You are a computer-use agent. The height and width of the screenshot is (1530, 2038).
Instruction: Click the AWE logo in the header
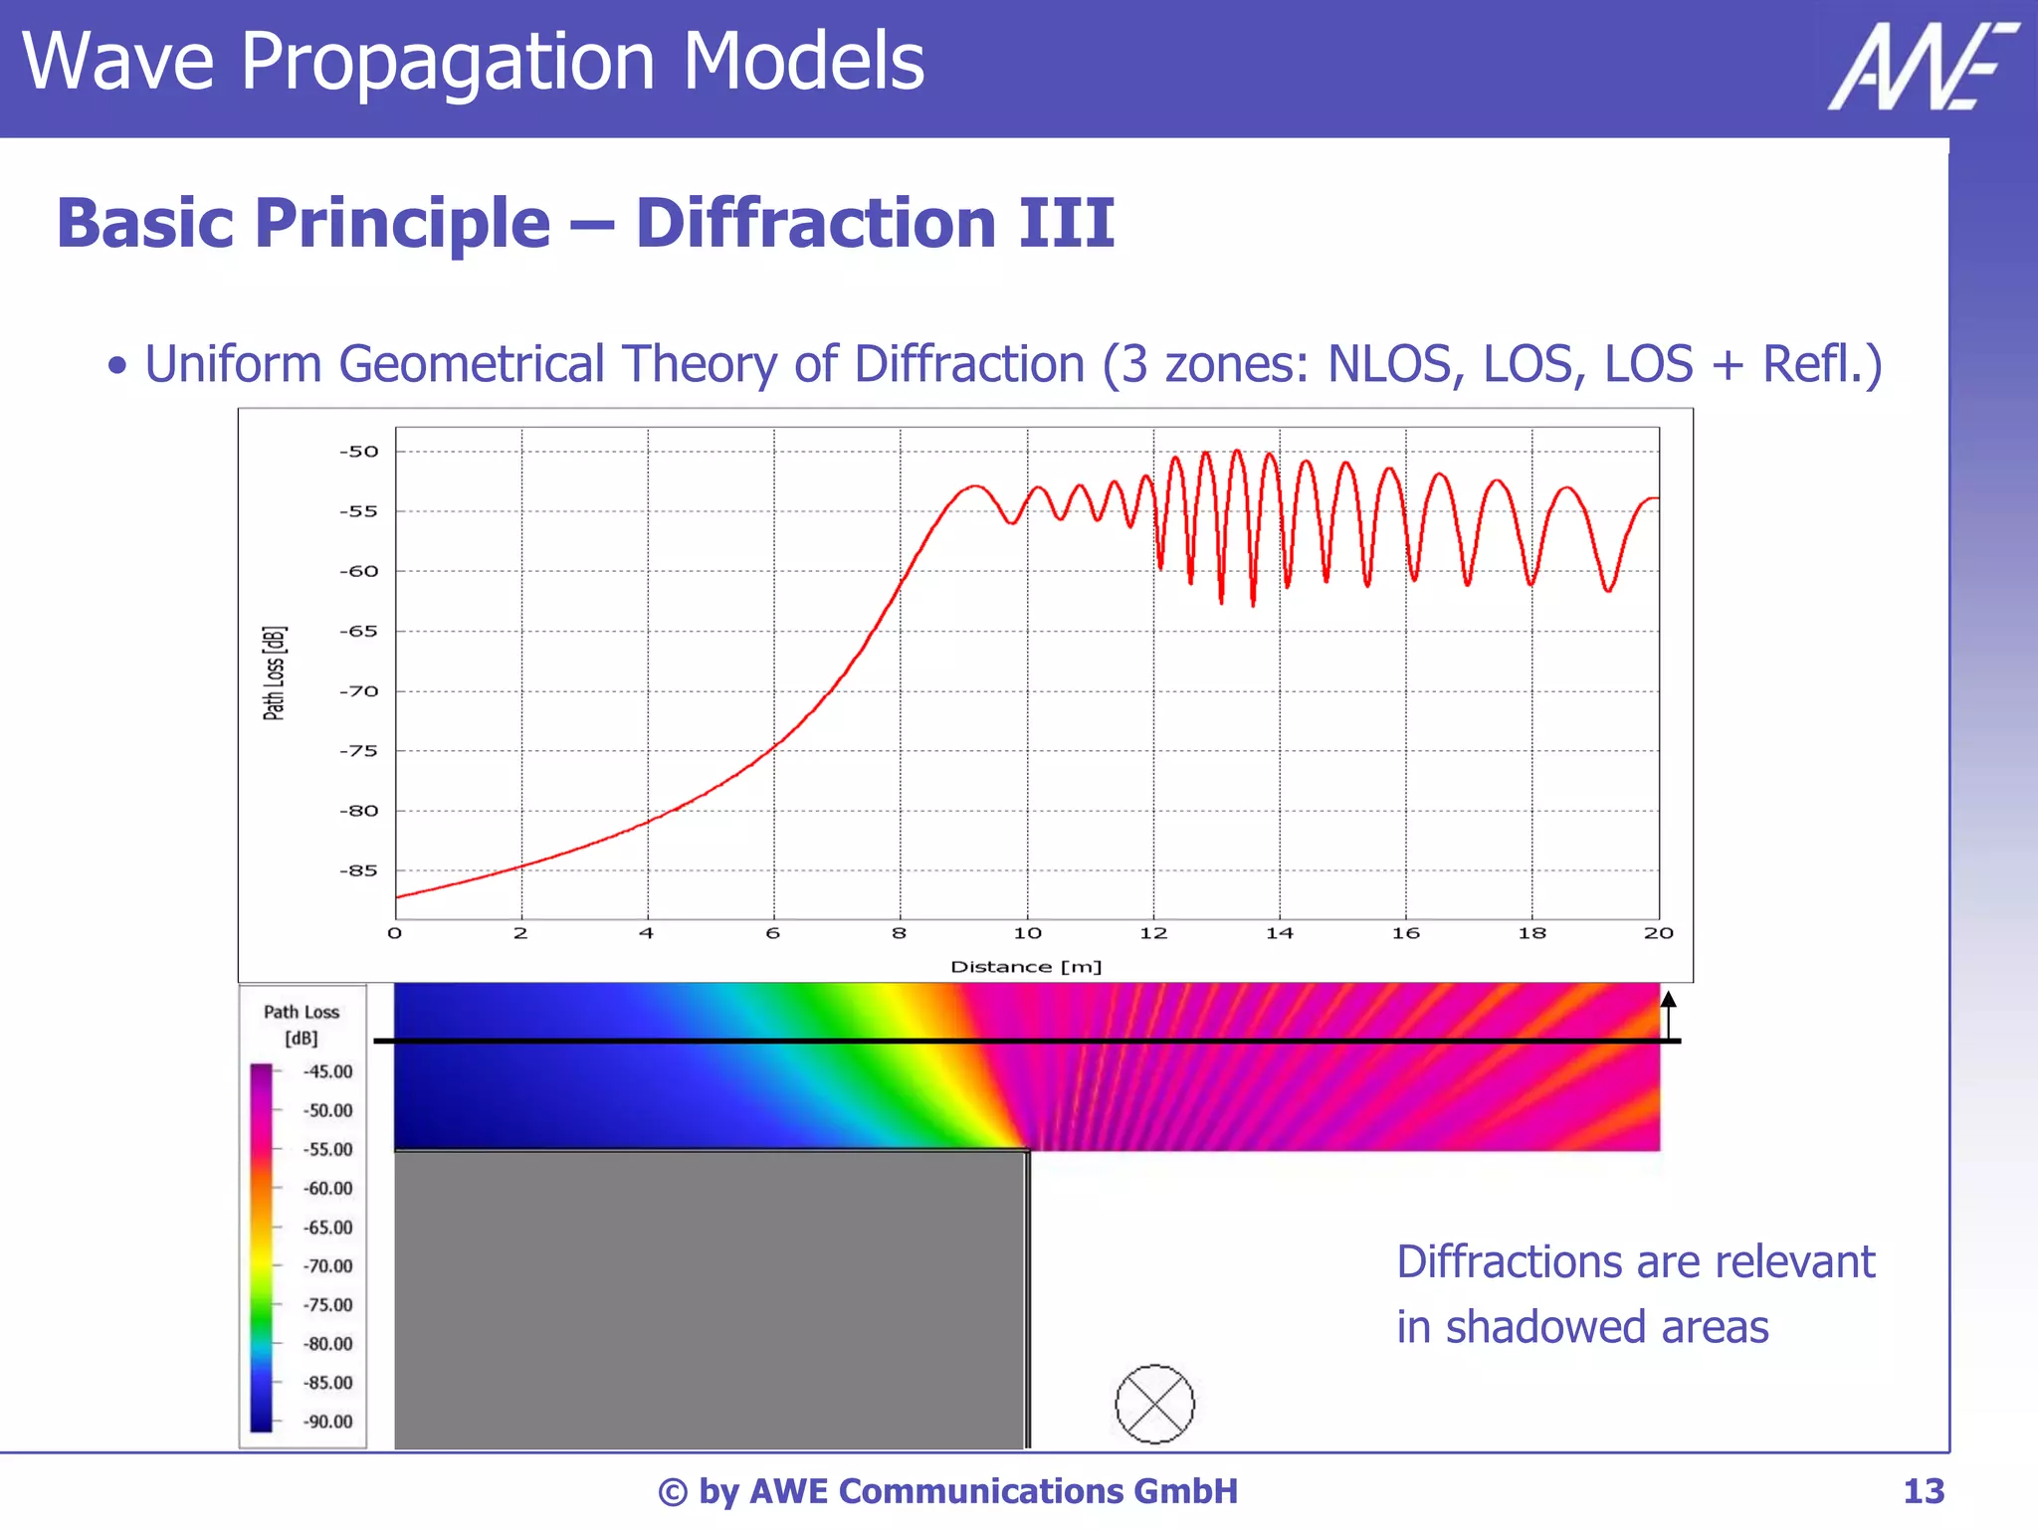[x=1922, y=67]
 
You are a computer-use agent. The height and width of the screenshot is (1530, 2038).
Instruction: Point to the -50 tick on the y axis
[x=359, y=452]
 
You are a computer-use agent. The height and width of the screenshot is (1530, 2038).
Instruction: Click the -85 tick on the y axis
[x=359, y=871]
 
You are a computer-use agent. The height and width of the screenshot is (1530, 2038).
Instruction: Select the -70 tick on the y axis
[x=359, y=691]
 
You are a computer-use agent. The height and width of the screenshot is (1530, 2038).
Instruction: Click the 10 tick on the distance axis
[x=1027, y=933]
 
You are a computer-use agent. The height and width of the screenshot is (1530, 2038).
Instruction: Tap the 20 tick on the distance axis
[x=1658, y=933]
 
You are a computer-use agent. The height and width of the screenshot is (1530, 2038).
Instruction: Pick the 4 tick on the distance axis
[x=647, y=933]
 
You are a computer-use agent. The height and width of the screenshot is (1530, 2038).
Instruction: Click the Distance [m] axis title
[x=1026, y=967]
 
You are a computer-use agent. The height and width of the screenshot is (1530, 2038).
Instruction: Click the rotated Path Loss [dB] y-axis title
[x=275, y=673]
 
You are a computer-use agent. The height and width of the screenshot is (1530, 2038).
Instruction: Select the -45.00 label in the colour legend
[x=327, y=1071]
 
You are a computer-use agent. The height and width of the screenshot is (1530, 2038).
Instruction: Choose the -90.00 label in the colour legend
[x=327, y=1422]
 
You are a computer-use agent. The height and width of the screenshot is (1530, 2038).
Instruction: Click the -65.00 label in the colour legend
[x=327, y=1228]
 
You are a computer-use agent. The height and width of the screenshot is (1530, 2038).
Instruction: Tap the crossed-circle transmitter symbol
[x=1154, y=1404]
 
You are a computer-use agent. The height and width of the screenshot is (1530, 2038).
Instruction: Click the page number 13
[x=1923, y=1491]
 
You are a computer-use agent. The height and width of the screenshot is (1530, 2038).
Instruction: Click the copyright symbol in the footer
[x=673, y=1492]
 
